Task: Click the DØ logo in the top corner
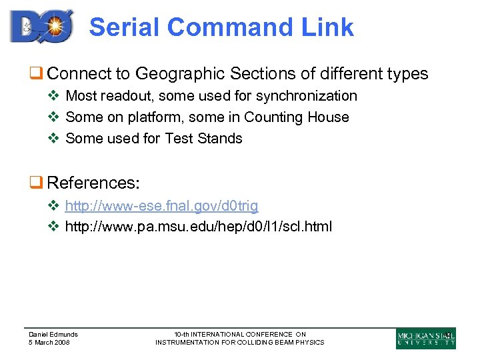click(x=41, y=26)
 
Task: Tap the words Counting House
click(x=297, y=117)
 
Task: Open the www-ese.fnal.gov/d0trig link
click(x=162, y=206)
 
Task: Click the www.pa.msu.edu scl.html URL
click(x=199, y=227)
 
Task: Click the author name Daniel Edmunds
click(x=53, y=334)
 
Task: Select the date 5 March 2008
click(x=49, y=343)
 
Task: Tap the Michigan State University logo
click(x=426, y=338)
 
